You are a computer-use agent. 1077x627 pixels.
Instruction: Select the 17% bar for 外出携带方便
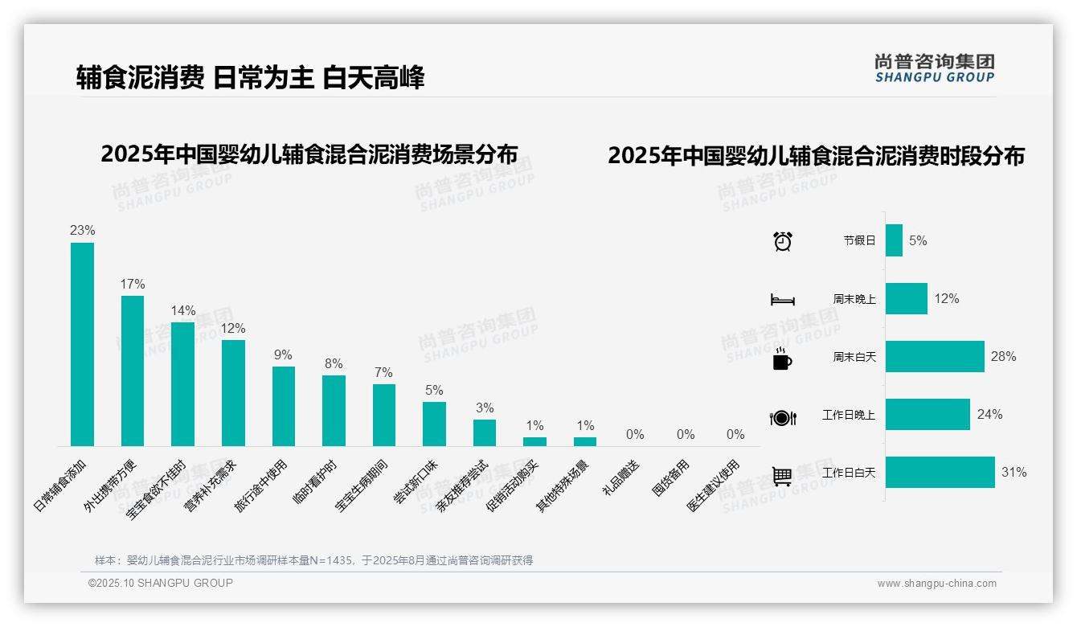pyautogui.click(x=133, y=371)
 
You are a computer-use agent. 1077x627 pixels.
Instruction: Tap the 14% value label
pyautogui.click(x=183, y=310)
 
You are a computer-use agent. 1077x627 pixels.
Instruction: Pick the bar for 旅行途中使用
pyautogui.click(x=284, y=406)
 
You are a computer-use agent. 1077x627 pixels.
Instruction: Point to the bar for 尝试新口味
pyautogui.click(x=434, y=424)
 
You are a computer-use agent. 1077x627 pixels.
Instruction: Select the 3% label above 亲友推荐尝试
pyautogui.click(x=485, y=408)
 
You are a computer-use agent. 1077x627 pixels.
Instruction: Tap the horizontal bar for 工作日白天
pyautogui.click(x=940, y=472)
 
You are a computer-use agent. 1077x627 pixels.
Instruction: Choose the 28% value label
pyautogui.click(x=1003, y=356)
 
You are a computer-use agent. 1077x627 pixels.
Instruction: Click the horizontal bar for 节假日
pyautogui.click(x=894, y=240)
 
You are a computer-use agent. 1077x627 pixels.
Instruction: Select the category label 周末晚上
pyautogui.click(x=854, y=298)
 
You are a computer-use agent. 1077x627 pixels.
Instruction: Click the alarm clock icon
pyautogui.click(x=782, y=241)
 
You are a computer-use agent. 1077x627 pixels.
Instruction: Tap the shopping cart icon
pyautogui.click(x=782, y=476)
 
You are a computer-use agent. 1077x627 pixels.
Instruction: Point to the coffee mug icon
pyautogui.click(x=781, y=359)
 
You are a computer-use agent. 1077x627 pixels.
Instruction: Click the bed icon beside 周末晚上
pyautogui.click(x=782, y=300)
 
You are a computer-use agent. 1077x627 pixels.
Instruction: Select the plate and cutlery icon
pyautogui.click(x=782, y=417)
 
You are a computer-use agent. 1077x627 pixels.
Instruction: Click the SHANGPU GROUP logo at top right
pyautogui.click(x=935, y=68)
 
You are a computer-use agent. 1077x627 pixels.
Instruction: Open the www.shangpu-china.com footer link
pyautogui.click(x=936, y=584)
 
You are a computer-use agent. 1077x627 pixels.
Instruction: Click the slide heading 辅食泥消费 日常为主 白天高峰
pyautogui.click(x=250, y=77)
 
